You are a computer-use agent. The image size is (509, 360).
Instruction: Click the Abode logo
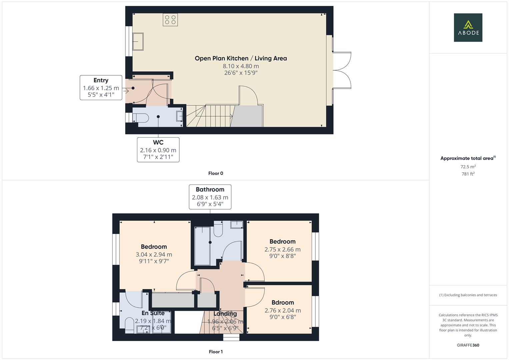pos(468,28)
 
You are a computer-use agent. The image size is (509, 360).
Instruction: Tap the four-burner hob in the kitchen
pos(170,20)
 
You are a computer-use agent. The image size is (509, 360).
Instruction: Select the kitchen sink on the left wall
pos(138,42)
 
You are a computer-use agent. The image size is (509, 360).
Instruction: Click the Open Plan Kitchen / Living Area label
pos(241,58)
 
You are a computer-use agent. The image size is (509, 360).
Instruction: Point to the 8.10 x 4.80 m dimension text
pos(241,66)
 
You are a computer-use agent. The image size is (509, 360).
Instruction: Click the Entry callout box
pos(101,88)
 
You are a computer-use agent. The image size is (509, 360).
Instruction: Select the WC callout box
pos(158,150)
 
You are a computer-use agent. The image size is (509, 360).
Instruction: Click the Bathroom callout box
pos(210,197)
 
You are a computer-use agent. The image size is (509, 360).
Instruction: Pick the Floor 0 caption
pos(216,173)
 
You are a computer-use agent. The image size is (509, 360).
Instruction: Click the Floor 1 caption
pos(216,352)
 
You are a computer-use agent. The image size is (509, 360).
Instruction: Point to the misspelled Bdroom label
pos(283,303)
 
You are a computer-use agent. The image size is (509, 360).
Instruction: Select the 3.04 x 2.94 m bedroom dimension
pos(154,254)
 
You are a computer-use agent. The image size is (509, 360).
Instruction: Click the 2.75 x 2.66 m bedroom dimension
pos(282,249)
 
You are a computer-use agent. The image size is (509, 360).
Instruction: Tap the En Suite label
pos(153,313)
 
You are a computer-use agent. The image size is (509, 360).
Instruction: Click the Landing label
pos(225,314)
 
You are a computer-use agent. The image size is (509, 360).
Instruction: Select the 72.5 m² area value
pos(468,167)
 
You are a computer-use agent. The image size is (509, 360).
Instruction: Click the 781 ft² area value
pos(468,174)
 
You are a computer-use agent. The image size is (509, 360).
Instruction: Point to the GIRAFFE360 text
pos(468,345)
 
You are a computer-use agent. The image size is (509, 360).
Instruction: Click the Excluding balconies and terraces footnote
pos(468,295)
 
